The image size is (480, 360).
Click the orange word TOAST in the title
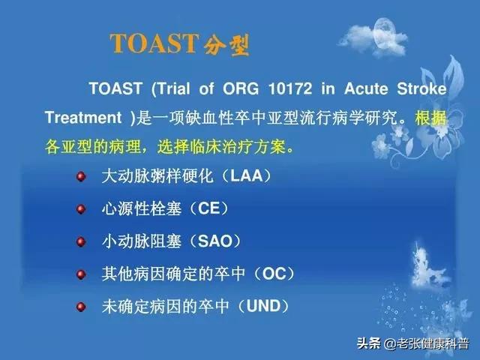pyautogui.click(x=154, y=43)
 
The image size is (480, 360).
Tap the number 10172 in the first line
pyautogui.click(x=290, y=88)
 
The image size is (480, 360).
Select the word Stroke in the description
pyautogui.click(x=421, y=88)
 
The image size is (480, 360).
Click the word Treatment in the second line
pyautogui.click(x=83, y=118)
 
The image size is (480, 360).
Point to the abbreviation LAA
pyautogui.click(x=247, y=175)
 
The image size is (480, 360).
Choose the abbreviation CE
pyautogui.click(x=209, y=208)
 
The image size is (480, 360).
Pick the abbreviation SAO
pyautogui.click(x=215, y=241)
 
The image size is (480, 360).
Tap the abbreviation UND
pyautogui.click(x=263, y=306)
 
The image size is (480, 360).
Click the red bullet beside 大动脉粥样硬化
pyautogui.click(x=81, y=177)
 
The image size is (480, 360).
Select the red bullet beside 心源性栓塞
pyautogui.click(x=81, y=209)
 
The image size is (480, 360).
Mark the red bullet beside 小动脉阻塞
pyautogui.click(x=81, y=241)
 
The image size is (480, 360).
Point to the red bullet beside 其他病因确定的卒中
pyautogui.click(x=81, y=274)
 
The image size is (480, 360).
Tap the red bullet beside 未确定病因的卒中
pyautogui.click(x=81, y=307)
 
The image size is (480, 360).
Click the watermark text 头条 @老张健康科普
pyautogui.click(x=412, y=343)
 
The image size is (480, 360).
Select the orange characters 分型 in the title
pyautogui.click(x=226, y=45)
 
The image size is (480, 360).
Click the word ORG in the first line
pyautogui.click(x=241, y=88)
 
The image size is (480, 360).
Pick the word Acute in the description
pyautogui.click(x=366, y=88)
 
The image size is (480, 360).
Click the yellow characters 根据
pyautogui.click(x=430, y=118)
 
